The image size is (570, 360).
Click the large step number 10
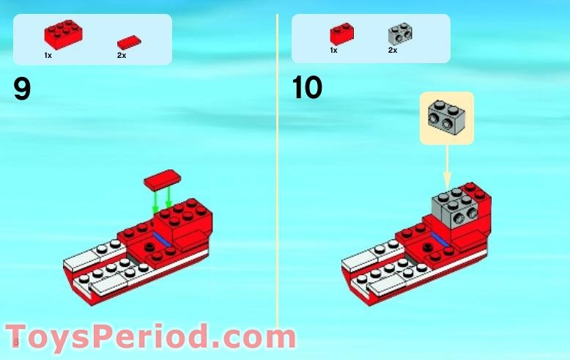(x=306, y=88)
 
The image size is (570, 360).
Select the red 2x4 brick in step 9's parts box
(x=63, y=33)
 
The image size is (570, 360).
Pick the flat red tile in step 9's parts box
(x=129, y=42)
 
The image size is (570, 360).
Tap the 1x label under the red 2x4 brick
(x=48, y=54)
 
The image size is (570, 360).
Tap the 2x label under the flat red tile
(x=122, y=54)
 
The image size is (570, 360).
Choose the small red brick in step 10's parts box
(x=342, y=34)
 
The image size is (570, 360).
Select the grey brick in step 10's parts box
(x=399, y=33)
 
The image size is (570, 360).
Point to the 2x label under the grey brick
(x=393, y=50)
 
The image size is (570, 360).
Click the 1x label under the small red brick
(x=333, y=50)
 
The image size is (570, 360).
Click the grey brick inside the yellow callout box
(x=446, y=117)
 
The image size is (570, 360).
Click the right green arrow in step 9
(x=170, y=196)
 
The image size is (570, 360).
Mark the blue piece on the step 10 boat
(x=440, y=238)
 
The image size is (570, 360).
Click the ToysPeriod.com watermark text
(x=150, y=337)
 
